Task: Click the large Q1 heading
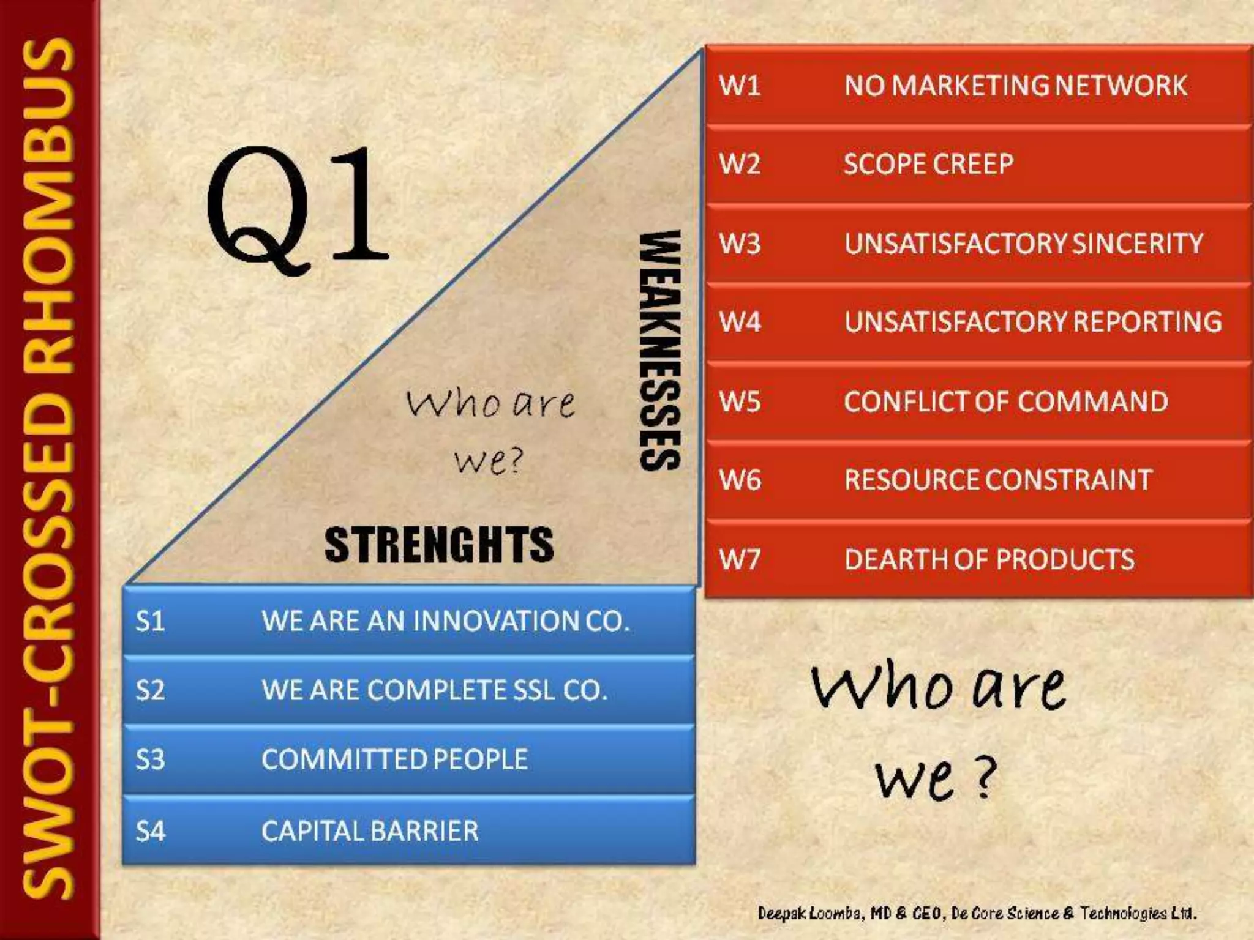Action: coord(297,208)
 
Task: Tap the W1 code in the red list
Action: coord(740,86)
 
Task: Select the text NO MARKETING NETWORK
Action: coord(1015,86)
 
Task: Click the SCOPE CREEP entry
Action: coord(928,164)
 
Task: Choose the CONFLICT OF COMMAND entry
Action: coord(1005,402)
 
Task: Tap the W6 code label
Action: coord(740,480)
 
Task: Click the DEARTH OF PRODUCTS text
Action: coord(989,559)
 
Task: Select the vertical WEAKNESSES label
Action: coord(659,350)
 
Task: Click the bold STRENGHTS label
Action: coord(439,545)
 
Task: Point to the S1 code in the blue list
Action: coord(151,621)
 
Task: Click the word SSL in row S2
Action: coord(534,690)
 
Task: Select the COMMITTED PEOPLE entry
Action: coord(394,759)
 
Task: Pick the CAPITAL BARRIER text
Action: coord(369,831)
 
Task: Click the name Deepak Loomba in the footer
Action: coord(809,914)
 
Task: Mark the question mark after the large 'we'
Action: coord(983,778)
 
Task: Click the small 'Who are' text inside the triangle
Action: coord(490,404)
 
